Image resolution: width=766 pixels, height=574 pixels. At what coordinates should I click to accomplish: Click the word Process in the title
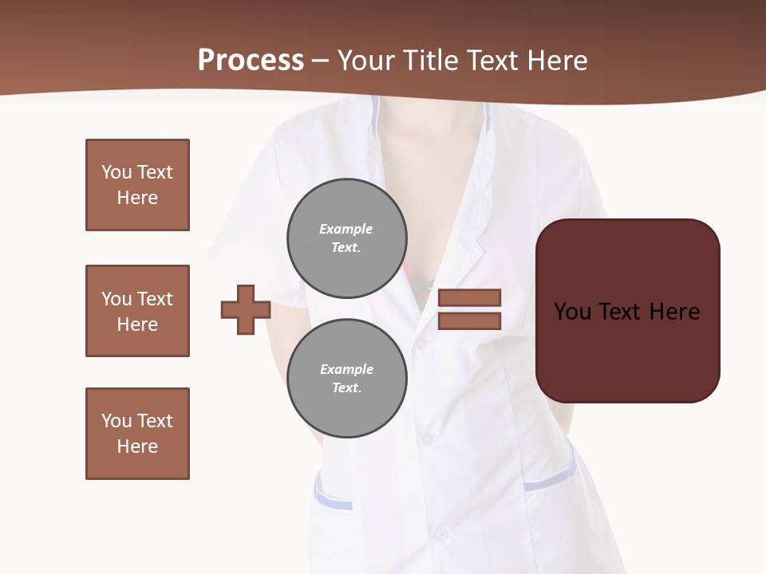251,60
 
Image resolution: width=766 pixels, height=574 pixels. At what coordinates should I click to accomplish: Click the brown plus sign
246,309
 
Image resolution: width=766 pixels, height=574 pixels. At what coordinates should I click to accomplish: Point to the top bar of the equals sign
469,297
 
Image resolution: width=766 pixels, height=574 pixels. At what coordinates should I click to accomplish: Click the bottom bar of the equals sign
469,321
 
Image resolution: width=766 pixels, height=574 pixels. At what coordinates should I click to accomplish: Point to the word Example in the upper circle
345,229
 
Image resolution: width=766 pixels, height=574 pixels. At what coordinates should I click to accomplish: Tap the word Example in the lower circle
346,369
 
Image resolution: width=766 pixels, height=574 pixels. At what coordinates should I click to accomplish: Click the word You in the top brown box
116,172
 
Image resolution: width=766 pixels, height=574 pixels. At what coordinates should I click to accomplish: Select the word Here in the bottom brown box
137,446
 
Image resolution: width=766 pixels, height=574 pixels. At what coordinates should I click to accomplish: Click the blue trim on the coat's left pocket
333,501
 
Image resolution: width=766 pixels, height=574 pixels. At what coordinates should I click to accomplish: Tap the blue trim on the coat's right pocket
547,482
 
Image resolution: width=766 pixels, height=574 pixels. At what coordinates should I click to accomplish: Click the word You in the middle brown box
116,299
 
